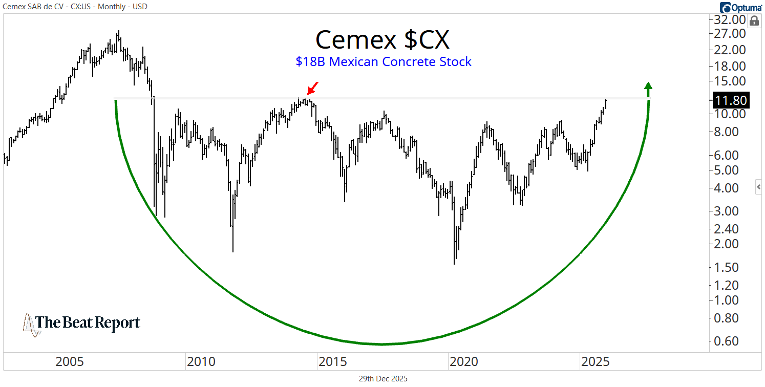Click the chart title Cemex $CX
383,40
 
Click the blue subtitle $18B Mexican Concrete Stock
383,62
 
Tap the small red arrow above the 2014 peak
313,88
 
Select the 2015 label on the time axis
332,362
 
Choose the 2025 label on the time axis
595,362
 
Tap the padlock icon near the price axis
754,21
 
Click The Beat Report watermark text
88,323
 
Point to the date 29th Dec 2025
383,379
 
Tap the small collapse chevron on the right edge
759,188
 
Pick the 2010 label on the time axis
201,362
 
